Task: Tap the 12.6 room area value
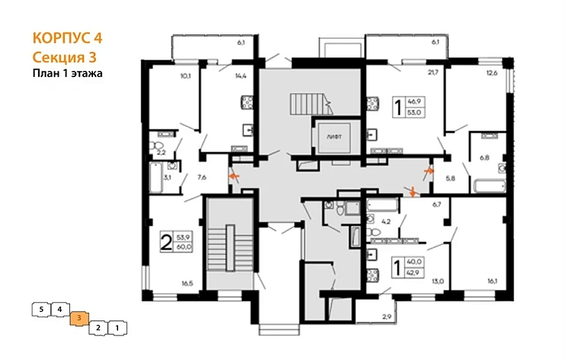[492, 73]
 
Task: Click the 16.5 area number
[186, 283]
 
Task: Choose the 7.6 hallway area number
[201, 177]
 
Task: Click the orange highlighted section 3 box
[79, 318]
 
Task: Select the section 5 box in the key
[40, 309]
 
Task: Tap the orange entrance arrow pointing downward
[413, 191]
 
